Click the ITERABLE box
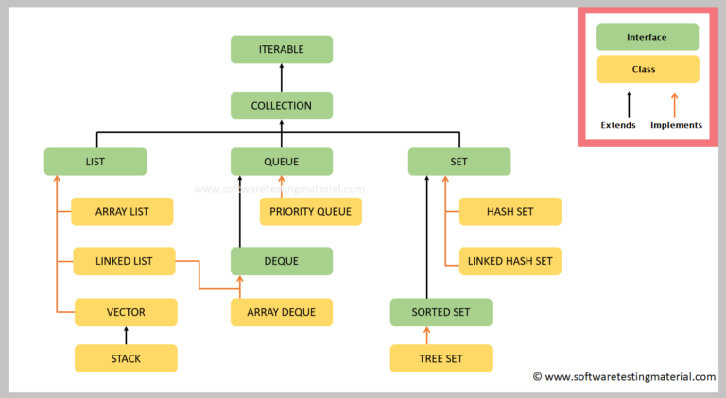pos(282,49)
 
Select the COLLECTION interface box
pos(282,105)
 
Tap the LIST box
pos(95,162)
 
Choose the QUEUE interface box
pos(282,162)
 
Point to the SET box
pos(458,162)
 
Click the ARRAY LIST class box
pos(123,211)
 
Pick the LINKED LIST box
pos(123,261)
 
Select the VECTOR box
pos(126,311)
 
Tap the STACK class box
pos(126,358)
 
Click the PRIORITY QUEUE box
pos(310,211)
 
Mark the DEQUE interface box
pos(282,261)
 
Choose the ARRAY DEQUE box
pos(282,311)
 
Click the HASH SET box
pos(510,211)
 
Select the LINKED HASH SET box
pos(510,261)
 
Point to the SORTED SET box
pos(441,311)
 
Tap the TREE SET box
pos(441,358)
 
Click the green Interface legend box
pos(647,37)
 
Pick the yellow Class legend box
pos(647,69)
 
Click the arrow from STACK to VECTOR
pos(126,335)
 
